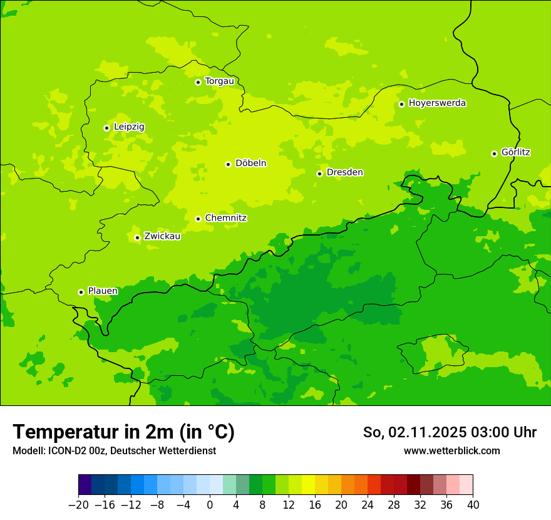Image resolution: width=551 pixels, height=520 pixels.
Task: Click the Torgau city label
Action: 219,81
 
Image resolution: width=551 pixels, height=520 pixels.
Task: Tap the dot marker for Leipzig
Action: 106,128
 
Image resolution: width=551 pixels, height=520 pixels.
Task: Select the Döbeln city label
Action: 250,164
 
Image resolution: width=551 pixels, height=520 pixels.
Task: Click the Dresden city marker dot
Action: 319,174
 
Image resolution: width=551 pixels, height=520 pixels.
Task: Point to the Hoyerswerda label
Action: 437,103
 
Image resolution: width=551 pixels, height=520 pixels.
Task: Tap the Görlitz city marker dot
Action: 494,153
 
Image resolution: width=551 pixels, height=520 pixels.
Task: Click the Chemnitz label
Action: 225,218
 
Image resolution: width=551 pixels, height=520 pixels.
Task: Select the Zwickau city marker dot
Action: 137,237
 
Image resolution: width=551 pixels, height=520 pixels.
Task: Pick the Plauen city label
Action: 103,291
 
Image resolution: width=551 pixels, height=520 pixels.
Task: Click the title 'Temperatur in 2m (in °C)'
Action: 123,432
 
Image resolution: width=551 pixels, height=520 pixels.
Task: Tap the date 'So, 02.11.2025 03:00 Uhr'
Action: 450,432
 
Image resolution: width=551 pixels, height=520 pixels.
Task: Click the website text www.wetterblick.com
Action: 451,450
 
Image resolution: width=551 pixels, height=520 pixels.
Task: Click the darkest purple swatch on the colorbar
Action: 85,485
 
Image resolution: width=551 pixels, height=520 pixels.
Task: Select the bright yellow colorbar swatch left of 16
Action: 308,485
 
